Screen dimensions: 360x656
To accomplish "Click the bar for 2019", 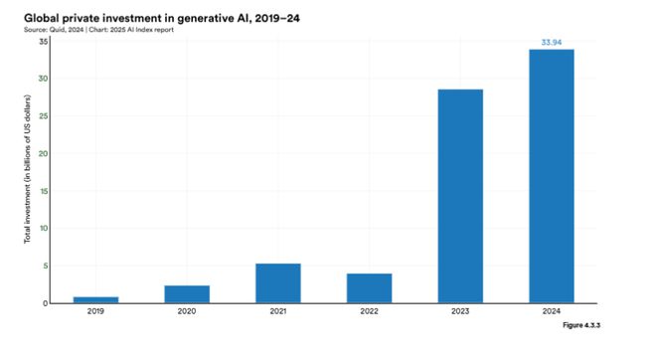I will tap(95, 299).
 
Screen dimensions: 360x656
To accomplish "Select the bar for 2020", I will tap(187, 293).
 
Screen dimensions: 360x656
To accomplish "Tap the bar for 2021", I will tap(278, 282).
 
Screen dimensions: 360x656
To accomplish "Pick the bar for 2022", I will tap(369, 287).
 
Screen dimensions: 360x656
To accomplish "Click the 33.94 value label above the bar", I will tap(552, 42).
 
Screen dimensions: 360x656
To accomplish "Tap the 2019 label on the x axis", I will tap(95, 311).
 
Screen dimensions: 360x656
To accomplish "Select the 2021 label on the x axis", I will tap(278, 311).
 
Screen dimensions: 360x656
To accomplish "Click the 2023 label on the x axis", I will tap(460, 311).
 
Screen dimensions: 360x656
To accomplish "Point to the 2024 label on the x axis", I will tap(552, 311).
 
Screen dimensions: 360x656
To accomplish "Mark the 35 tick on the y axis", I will tap(44, 42).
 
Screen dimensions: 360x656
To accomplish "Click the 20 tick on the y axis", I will tap(44, 153).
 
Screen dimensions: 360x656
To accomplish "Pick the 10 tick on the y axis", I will tap(44, 229).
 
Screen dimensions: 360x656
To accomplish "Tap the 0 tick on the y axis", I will tap(46, 302).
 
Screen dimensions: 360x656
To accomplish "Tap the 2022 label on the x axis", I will tap(369, 311).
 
